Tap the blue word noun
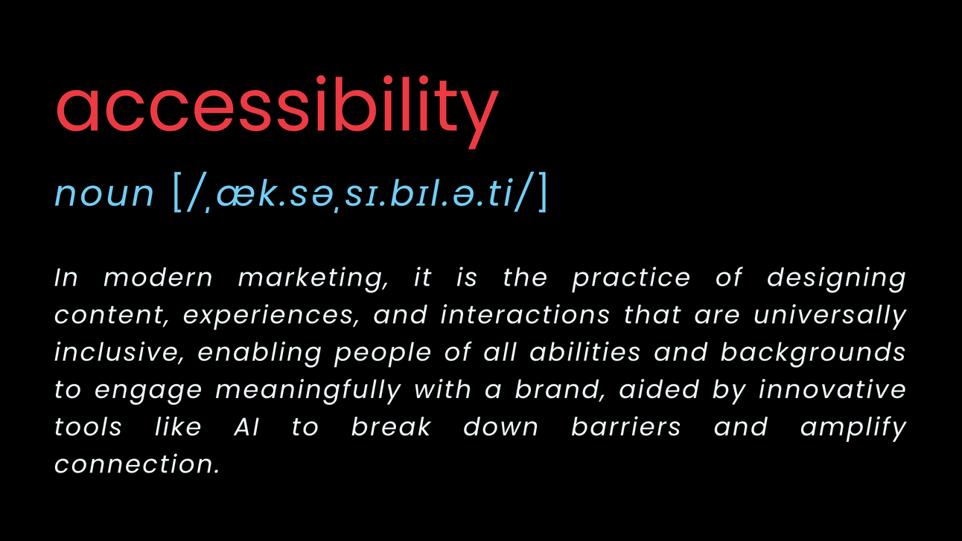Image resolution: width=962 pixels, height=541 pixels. (104, 193)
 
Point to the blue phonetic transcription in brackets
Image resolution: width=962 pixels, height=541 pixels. (360, 193)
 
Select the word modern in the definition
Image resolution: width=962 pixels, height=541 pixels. (158, 278)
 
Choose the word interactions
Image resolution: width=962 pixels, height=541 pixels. (526, 316)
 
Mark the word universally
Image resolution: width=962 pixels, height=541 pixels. (829, 316)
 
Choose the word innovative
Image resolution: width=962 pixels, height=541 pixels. (832, 390)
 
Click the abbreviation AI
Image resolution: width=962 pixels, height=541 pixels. (246, 427)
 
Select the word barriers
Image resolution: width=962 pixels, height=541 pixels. (625, 427)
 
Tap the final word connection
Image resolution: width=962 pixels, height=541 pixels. (137, 464)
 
